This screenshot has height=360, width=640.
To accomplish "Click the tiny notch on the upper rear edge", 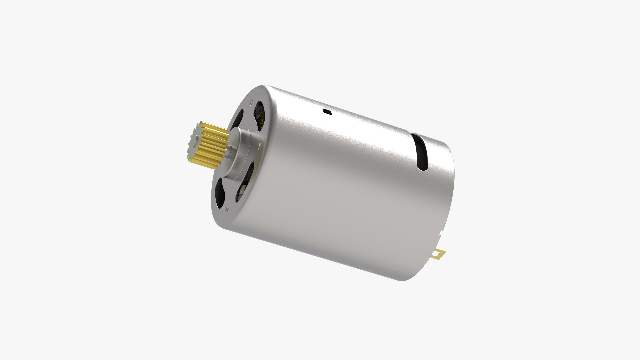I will click(450, 152).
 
